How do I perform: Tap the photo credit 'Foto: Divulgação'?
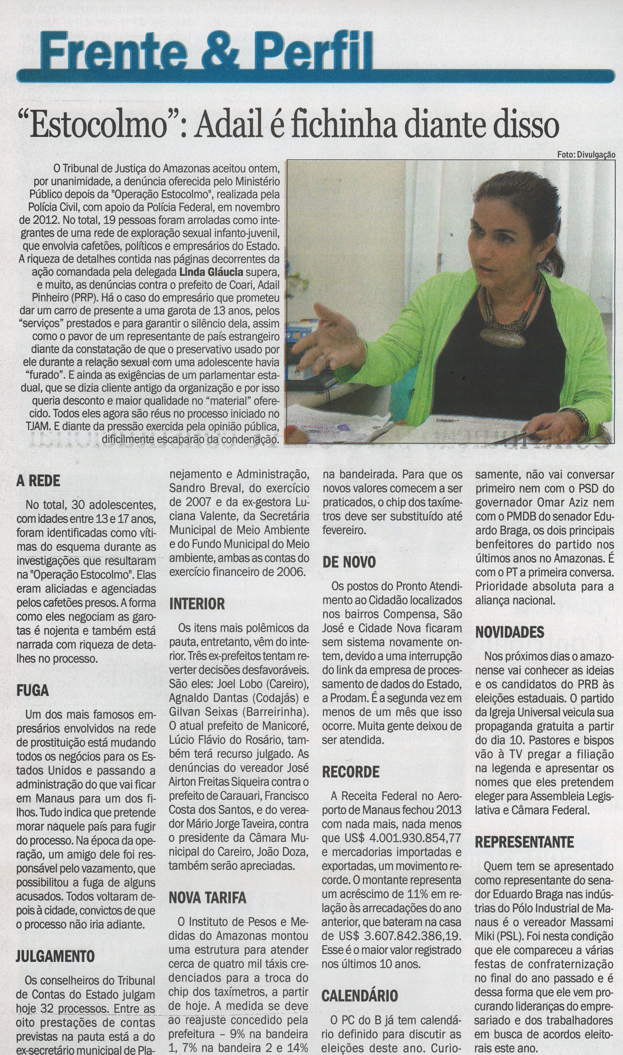pos(586,154)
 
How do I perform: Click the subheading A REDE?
pos(38,481)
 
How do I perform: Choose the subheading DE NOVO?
pos(349,562)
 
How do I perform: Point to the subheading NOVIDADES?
pos(510,632)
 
